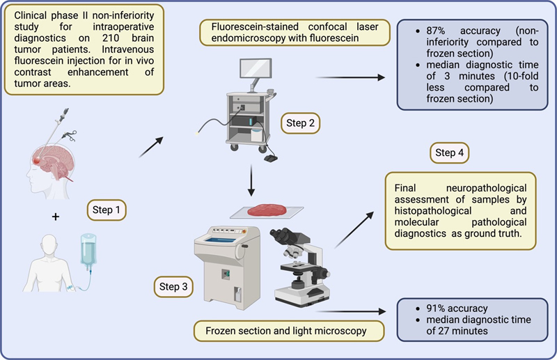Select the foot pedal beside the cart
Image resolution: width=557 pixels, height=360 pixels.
(x=269, y=158)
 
